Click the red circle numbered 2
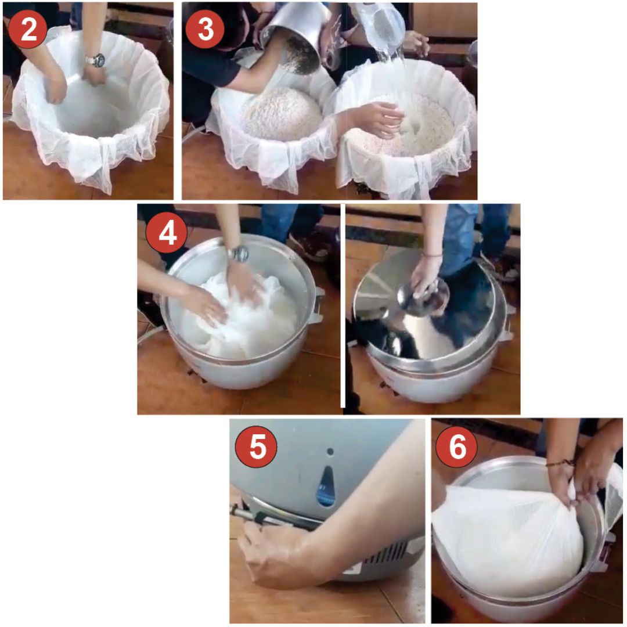28,29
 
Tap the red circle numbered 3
205,29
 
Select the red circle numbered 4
167,233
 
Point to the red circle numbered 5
257,446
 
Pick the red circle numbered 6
457,446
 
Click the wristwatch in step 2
96,60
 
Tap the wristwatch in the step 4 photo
239,254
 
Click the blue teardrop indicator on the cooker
326,487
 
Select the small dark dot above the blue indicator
330,452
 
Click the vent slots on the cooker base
390,554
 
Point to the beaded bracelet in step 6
560,463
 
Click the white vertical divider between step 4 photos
343,306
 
